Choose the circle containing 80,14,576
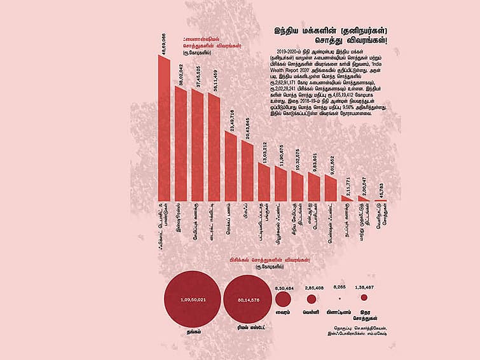coord(248,299)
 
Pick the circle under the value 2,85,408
coord(312,299)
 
